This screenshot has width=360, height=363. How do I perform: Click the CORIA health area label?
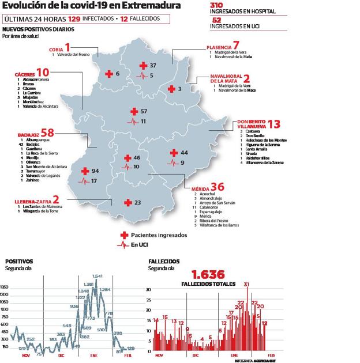[57, 50]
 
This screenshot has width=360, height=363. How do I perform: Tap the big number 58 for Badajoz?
[47, 133]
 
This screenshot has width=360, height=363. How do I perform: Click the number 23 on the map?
[138, 202]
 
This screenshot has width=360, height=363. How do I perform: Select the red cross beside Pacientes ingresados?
[122, 235]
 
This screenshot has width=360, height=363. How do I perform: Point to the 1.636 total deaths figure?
[208, 274]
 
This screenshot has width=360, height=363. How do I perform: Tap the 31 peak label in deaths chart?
[246, 284]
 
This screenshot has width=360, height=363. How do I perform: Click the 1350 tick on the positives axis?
[5, 286]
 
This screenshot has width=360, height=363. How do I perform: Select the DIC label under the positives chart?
[61, 356]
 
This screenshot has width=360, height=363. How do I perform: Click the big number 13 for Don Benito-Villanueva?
[275, 124]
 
